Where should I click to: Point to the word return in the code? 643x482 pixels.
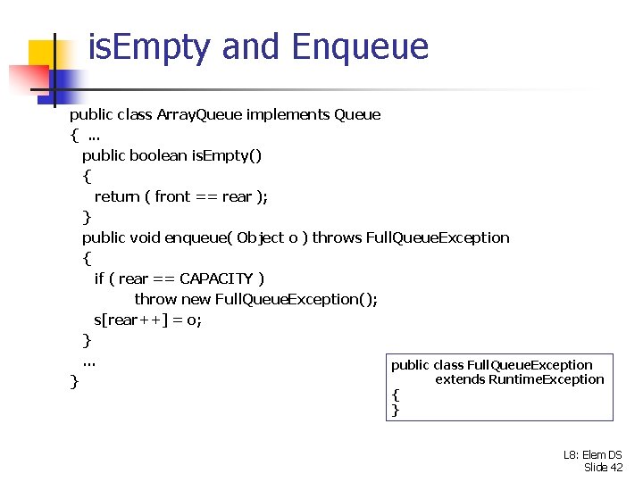tap(116, 196)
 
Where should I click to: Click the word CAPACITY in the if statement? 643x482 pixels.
tap(216, 278)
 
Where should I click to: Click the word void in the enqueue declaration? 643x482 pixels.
tap(146, 237)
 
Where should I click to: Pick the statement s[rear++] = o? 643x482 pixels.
tap(147, 320)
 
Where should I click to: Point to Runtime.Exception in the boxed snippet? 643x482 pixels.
tap(546, 379)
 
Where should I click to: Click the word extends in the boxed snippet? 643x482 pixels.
tap(459, 379)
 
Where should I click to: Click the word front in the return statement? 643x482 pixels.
tap(172, 196)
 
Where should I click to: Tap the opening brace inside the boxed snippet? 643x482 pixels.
tap(396, 395)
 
